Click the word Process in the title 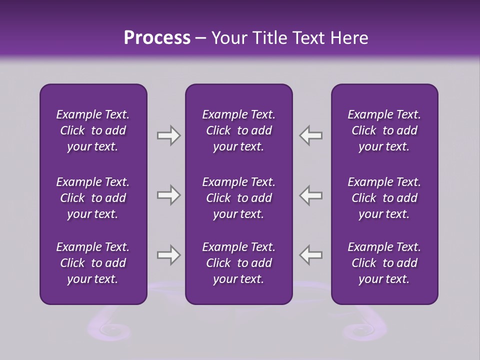(x=157, y=38)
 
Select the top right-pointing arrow (x=168, y=135)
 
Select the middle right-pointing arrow (x=168, y=195)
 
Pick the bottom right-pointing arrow (x=168, y=255)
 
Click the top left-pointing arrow (x=311, y=135)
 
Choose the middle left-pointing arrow (x=311, y=195)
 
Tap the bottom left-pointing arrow (x=311, y=255)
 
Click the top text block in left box (x=93, y=130)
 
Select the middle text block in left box (x=93, y=198)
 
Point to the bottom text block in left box (x=93, y=263)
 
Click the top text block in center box (x=238, y=130)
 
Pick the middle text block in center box (x=238, y=198)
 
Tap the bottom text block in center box (x=238, y=263)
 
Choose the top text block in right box (x=384, y=130)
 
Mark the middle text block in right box (x=384, y=198)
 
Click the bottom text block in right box (x=384, y=263)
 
